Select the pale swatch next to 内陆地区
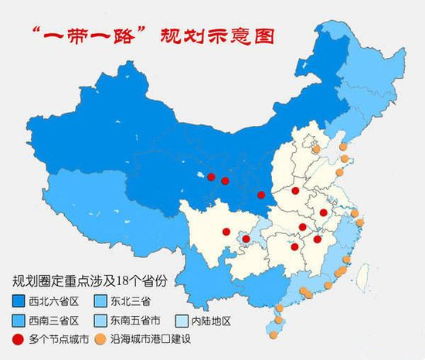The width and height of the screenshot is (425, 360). click(x=182, y=320)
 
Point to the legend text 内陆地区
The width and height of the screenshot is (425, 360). click(x=211, y=320)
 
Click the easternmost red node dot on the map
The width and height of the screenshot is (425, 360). click(x=323, y=212)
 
